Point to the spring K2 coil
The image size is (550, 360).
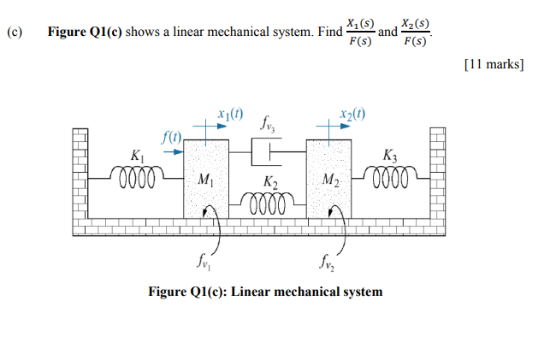(x=267, y=204)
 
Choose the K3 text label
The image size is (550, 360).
(x=390, y=156)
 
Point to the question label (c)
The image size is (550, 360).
(x=14, y=33)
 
